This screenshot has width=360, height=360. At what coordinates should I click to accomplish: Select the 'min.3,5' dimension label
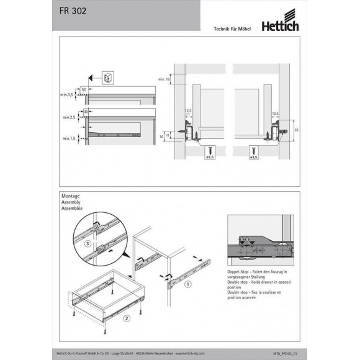68,94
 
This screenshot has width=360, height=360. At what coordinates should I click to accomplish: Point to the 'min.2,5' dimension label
68,117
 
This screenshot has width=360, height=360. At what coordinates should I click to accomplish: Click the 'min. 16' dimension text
164,79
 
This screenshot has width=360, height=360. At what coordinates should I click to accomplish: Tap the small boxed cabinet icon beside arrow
107,78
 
